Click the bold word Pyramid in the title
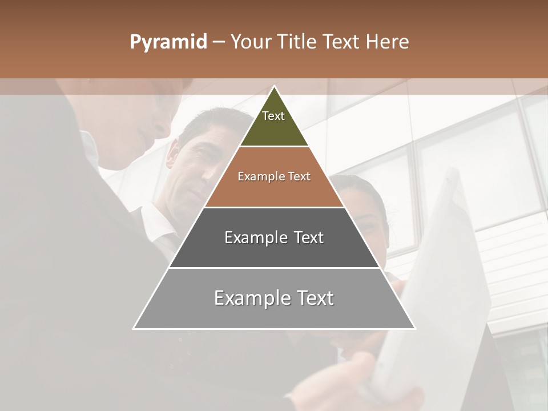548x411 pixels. [168, 42]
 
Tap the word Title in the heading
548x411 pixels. [300, 42]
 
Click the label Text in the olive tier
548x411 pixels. [273, 116]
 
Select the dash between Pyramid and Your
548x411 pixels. [219, 42]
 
